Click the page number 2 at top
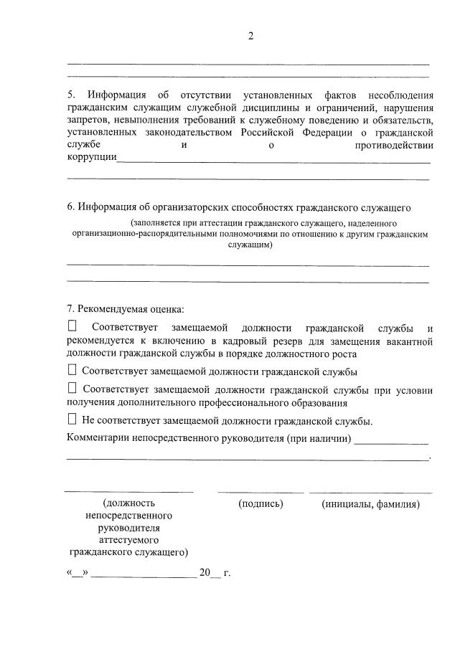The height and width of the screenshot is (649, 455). [x=251, y=37]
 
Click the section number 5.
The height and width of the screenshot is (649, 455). [x=70, y=95]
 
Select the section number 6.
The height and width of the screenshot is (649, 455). [x=70, y=208]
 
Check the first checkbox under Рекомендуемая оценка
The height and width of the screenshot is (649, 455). [x=72, y=326]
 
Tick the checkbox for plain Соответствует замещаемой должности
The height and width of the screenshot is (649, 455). [x=72, y=370]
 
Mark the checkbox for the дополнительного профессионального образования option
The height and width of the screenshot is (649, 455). [x=72, y=388]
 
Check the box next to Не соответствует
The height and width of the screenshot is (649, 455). [x=72, y=420]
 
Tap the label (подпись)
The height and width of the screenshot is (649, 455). [x=261, y=504]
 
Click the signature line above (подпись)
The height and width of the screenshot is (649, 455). [x=261, y=492]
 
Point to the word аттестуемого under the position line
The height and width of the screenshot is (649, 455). [x=129, y=540]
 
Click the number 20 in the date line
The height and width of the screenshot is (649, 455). [x=205, y=574]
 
